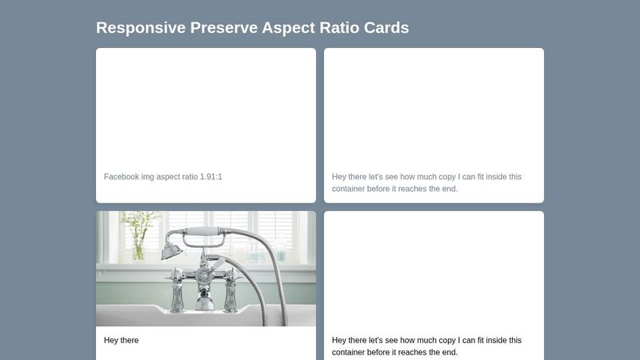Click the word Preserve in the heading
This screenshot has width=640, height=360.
pos(224,28)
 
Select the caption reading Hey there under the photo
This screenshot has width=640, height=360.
pos(122,341)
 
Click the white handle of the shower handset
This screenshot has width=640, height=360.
pos(207,234)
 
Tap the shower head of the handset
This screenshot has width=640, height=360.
pos(170,251)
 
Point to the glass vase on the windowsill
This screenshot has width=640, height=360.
pos(138,247)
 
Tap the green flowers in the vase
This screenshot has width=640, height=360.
pos(140,222)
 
